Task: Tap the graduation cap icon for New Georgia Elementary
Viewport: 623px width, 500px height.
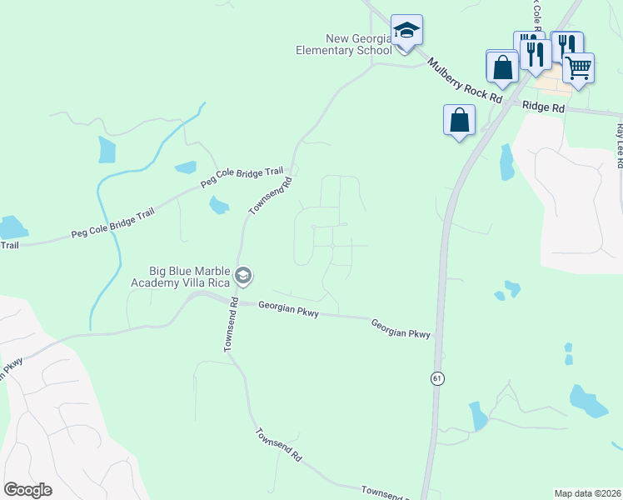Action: point(406,31)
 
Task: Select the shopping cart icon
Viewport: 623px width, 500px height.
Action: point(578,67)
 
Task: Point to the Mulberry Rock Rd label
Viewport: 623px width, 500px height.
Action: point(465,81)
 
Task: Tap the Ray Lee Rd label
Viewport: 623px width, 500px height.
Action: point(620,146)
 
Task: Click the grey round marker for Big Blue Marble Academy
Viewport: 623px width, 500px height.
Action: point(243,274)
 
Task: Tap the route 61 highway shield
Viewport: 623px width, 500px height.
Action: point(436,378)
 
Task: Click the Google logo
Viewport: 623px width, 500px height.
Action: point(27,490)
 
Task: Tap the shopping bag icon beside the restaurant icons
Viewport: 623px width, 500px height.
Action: point(502,66)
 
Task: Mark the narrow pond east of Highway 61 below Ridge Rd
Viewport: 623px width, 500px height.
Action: point(506,162)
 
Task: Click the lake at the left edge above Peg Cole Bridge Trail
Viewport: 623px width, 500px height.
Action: point(12,227)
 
